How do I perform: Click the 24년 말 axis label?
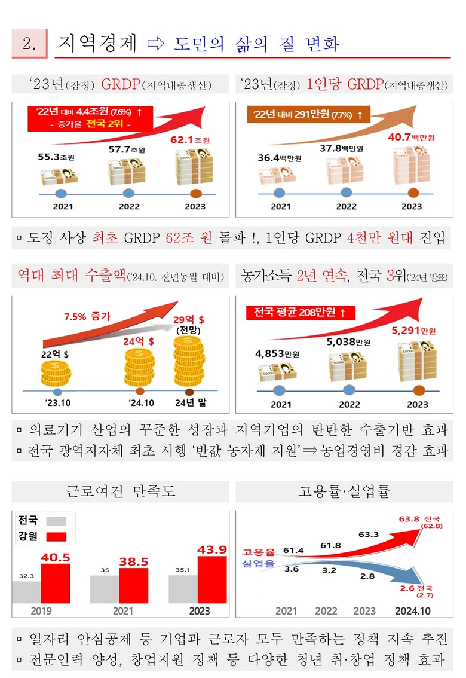[191, 403]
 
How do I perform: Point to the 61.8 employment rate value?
[330, 545]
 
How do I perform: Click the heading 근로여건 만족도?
[120, 492]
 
